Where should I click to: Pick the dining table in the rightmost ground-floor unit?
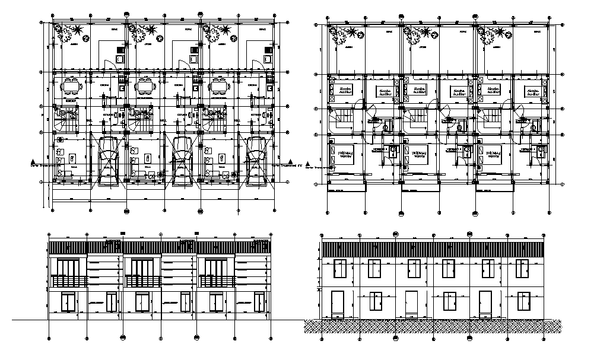pos(219,87)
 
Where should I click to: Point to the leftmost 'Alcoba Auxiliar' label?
pos(345,91)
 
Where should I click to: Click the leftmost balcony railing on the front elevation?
pos(69,281)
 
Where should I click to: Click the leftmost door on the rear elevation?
pos(338,302)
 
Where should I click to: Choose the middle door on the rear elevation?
pos(412,302)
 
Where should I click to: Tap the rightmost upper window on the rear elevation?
pos(522,269)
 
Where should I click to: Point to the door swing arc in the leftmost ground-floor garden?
pos(109,64)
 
